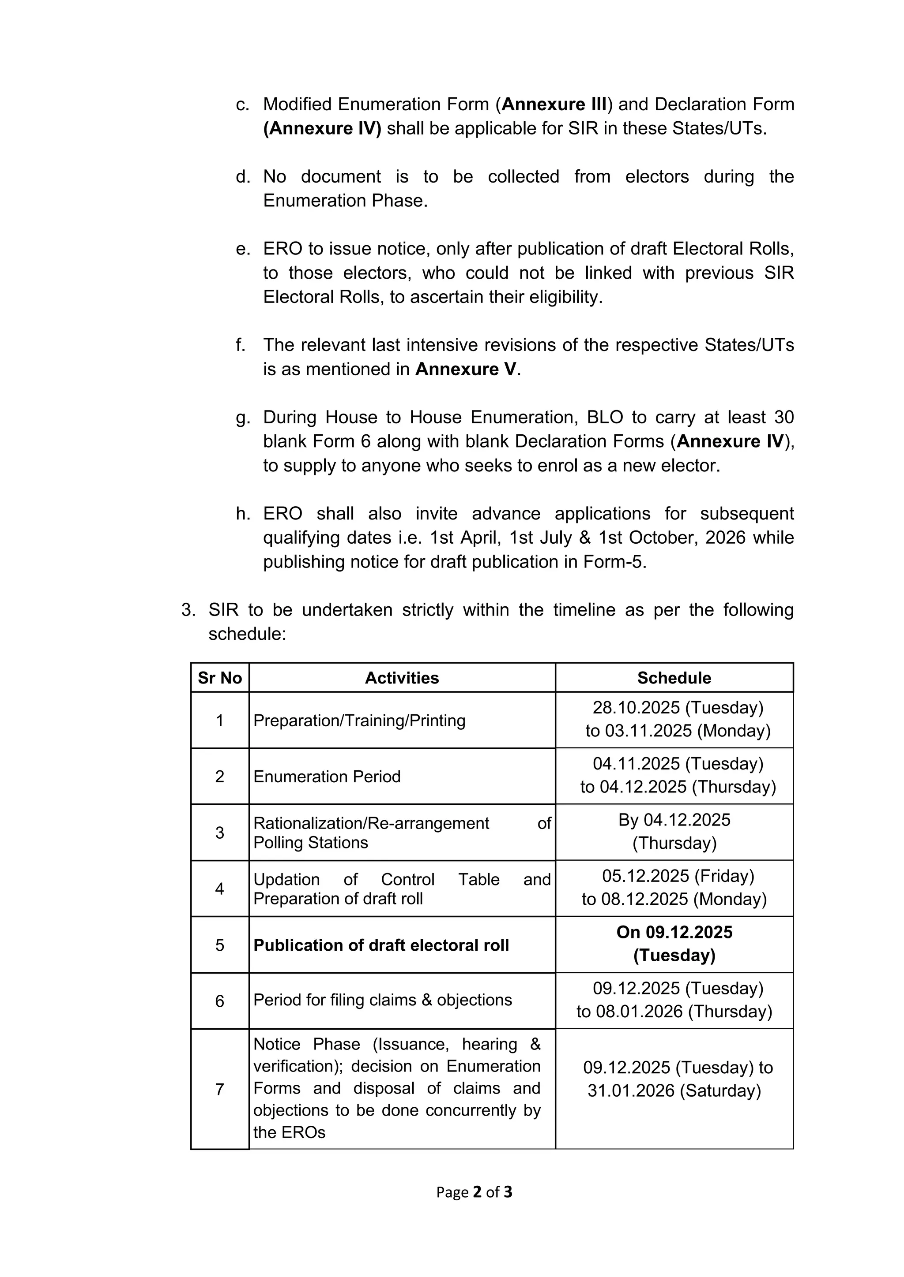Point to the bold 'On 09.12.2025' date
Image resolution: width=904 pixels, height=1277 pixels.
click(x=674, y=932)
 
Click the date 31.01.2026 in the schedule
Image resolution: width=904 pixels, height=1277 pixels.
click(x=631, y=1090)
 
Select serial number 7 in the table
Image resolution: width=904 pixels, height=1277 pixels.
click(x=219, y=1089)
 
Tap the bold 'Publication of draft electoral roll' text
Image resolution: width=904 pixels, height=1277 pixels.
click(x=381, y=945)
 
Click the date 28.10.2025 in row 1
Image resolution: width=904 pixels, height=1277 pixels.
click(x=636, y=707)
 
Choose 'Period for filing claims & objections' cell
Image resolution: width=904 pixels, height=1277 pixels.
click(x=382, y=1000)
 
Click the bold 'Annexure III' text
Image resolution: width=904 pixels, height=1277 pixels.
click(x=554, y=104)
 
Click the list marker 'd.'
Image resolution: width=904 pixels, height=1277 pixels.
click(x=243, y=176)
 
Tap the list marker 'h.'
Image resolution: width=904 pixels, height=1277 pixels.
click(x=243, y=513)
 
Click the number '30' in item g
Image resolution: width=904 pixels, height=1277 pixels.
click(x=784, y=417)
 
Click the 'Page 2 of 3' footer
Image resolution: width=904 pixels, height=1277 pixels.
click(x=474, y=1191)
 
